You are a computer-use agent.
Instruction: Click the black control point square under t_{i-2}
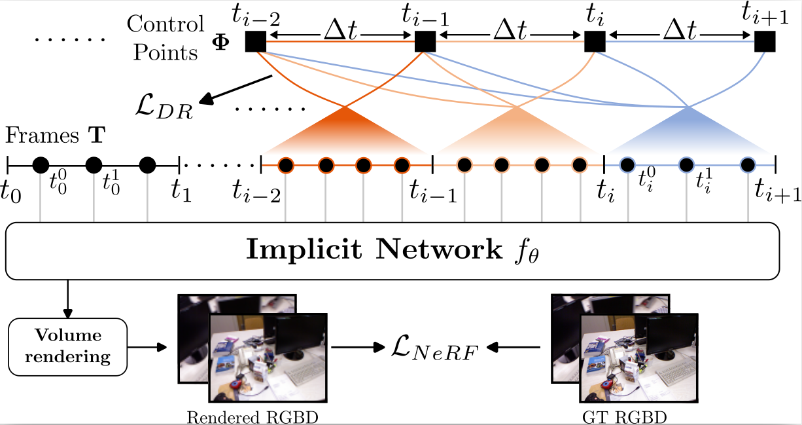click(x=255, y=42)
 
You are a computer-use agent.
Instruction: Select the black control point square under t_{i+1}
click(x=764, y=42)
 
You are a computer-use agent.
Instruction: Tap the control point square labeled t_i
click(x=594, y=42)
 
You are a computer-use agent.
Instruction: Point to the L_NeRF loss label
click(x=434, y=346)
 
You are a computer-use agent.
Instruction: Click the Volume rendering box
click(x=68, y=346)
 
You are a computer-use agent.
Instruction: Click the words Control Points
click(x=166, y=38)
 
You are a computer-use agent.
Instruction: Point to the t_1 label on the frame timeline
click(x=181, y=190)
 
